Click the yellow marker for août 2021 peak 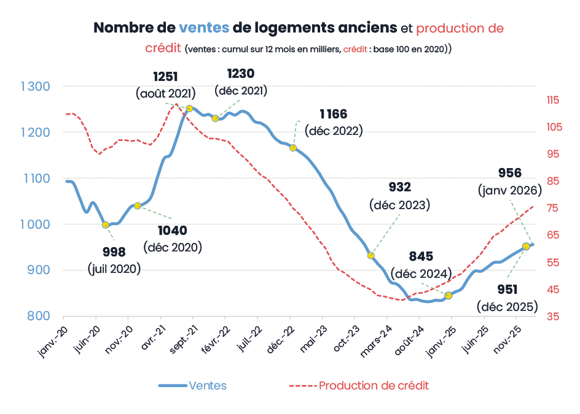pyautogui.click(x=189, y=109)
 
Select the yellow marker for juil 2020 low pyautogui.click(x=106, y=225)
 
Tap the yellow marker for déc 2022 pyautogui.click(x=293, y=148)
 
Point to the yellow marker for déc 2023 pyautogui.click(x=371, y=255)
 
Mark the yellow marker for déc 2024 pyautogui.click(x=449, y=296)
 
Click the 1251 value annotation pyautogui.click(x=165, y=77)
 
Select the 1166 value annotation pyautogui.click(x=334, y=113)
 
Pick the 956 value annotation pyautogui.click(x=509, y=173)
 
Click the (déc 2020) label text pyautogui.click(x=173, y=247)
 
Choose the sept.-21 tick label pyautogui.click(x=184, y=334)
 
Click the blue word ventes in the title pyautogui.click(x=204, y=28)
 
